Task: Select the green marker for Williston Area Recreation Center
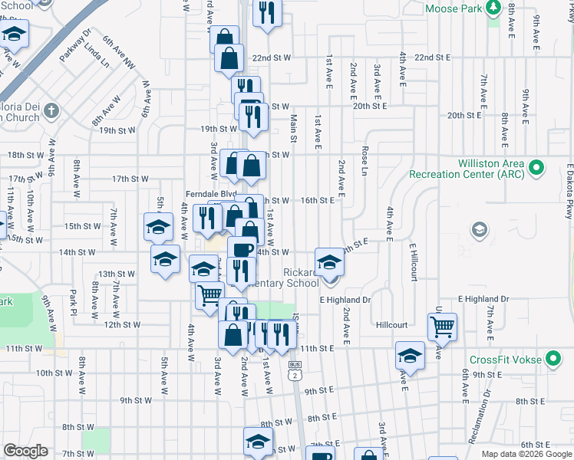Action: (537, 166)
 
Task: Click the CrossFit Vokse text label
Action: (506, 359)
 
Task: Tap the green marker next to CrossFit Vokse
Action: (553, 359)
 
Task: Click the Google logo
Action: (25, 451)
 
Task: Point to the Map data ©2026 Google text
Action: (526, 454)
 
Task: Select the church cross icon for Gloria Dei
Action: (51, 110)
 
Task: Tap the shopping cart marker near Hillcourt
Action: (442, 326)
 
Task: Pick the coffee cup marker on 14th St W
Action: (242, 249)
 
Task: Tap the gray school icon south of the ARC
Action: (480, 229)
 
